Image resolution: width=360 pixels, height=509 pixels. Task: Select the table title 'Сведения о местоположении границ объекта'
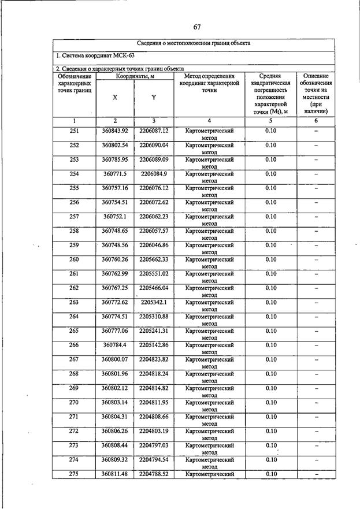pos(194,43)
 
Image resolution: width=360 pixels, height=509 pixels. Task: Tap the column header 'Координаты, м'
pos(134,76)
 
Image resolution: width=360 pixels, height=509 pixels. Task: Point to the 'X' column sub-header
pos(115,97)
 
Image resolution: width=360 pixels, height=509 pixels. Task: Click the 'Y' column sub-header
pos(154,97)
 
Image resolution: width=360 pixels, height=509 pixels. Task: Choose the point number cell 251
pos(74,131)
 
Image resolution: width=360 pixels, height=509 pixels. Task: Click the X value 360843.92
pos(115,131)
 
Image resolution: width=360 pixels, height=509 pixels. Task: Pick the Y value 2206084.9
pos(154,173)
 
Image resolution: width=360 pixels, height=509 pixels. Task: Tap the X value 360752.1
pos(115,216)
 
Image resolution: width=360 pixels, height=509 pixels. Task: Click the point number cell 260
pos(74,259)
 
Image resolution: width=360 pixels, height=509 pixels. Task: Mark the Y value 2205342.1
pos(154,302)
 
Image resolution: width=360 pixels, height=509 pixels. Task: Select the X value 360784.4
pos(115,345)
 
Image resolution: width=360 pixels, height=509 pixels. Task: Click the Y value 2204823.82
pos(154,359)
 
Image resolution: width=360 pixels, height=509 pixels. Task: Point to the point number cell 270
pos(74,402)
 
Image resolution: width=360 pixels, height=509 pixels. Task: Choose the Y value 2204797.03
pos(154,445)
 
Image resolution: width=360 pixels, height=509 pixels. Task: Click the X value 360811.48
pos(115,474)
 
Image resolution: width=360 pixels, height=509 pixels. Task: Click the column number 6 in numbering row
pos(316,120)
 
